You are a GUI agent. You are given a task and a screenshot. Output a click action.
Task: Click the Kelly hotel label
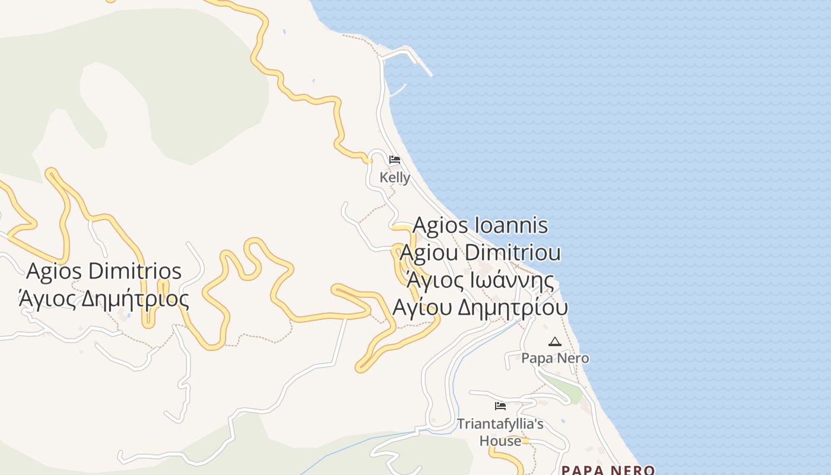(395, 178)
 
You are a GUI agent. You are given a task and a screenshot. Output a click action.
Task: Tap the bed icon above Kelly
(394, 160)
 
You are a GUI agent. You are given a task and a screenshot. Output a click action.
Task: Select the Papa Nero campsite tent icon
(554, 341)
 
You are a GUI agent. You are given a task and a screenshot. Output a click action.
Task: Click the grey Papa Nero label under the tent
(555, 358)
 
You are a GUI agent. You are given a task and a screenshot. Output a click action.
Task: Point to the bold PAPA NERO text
(608, 470)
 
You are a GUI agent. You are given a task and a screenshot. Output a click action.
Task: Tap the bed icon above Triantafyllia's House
(500, 406)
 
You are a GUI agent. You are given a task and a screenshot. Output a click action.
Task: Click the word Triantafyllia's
(500, 424)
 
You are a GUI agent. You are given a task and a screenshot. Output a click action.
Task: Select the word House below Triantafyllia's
(500, 441)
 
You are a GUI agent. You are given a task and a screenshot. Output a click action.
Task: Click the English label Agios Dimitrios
(104, 271)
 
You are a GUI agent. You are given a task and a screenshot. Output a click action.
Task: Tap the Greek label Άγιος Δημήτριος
(104, 299)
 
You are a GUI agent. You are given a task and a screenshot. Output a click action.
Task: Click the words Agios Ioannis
(480, 226)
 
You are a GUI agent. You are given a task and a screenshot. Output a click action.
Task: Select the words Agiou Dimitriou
(480, 252)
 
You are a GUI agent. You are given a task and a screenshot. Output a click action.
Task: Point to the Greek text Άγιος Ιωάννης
(480, 280)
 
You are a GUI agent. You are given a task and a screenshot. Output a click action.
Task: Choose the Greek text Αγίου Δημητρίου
(480, 308)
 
